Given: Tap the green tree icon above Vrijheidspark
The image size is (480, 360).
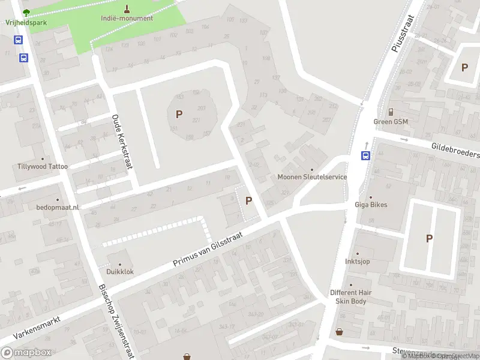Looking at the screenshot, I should tap(25, 12).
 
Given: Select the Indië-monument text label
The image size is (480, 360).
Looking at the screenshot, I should tap(127, 18).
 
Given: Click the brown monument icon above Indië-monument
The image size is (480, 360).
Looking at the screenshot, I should tap(127, 8).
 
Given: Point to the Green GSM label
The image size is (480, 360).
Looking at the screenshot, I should tap(391, 121).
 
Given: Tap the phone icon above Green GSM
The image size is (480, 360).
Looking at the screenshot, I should tap(391, 112).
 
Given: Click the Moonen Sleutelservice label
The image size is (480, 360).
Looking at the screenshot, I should tap(312, 177).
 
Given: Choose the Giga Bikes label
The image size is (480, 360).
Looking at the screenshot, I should tap(370, 205).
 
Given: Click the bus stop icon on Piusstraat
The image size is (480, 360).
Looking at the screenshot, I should tap(365, 155).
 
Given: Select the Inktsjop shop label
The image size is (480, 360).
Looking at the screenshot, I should tap(356, 262).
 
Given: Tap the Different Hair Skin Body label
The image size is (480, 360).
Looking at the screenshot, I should tap(351, 296).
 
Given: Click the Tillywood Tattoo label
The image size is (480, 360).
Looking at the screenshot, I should tap(43, 166).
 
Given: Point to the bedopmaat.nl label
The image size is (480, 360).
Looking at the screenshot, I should tap(58, 207).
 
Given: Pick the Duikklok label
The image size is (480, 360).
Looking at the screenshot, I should tap(120, 272).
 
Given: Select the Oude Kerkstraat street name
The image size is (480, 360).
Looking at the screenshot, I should tap(121, 142).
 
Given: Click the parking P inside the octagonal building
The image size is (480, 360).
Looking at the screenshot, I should tap(179, 113).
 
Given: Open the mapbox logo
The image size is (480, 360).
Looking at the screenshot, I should tap(26, 353).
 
